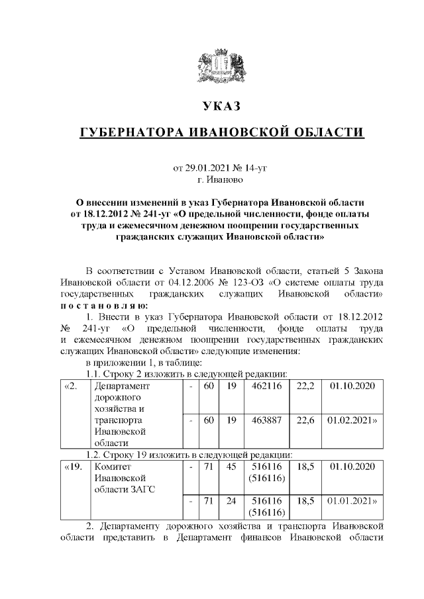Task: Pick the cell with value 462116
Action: [262, 385]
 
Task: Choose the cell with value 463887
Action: [262, 420]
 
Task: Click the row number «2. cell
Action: [72, 385]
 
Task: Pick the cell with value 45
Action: [231, 467]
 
